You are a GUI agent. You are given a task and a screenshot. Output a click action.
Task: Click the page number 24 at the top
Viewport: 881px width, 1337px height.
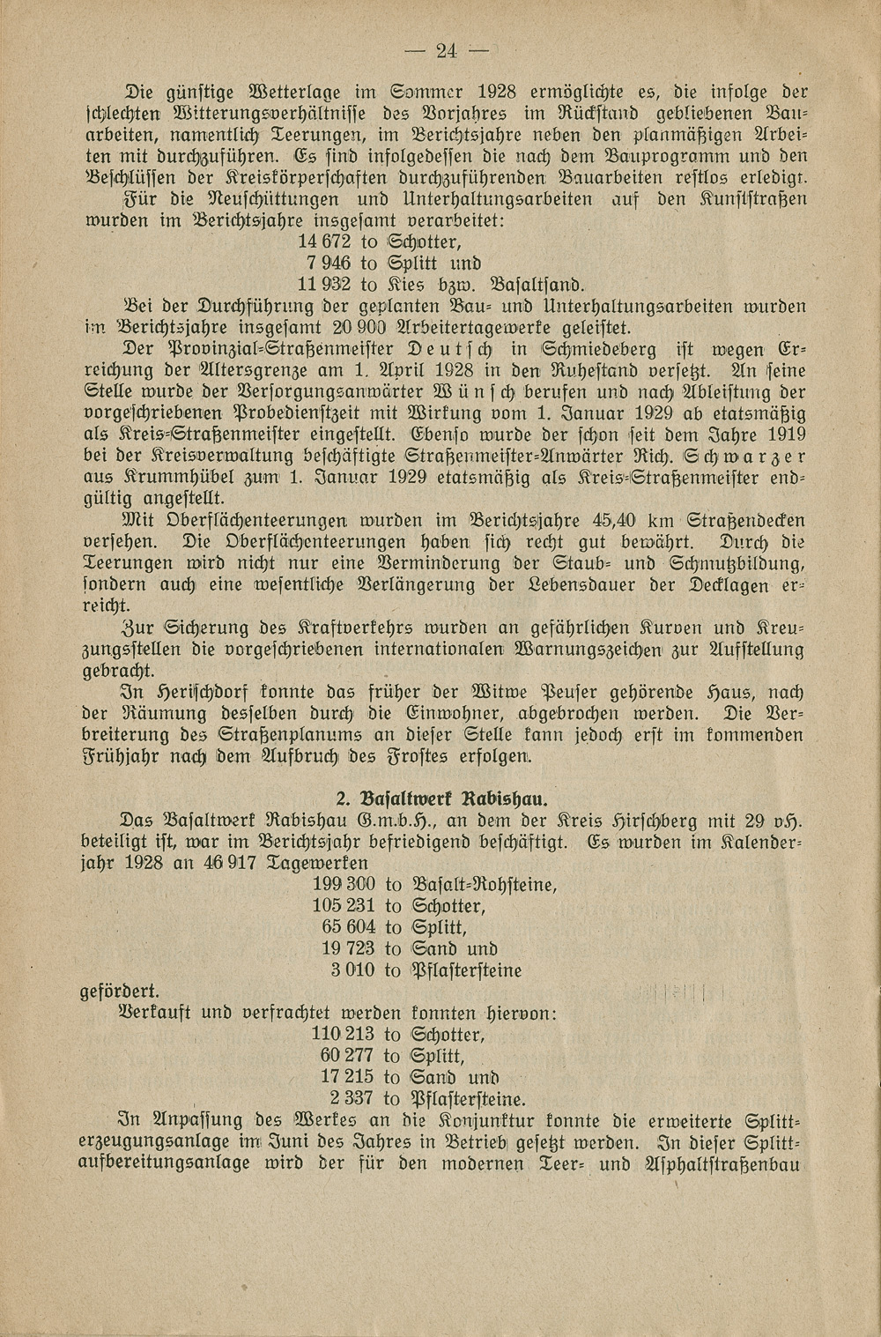coord(448,51)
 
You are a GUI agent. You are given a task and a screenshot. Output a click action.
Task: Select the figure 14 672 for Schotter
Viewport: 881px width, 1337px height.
coord(325,241)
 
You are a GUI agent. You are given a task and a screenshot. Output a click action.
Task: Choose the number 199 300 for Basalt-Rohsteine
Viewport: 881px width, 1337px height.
coord(344,884)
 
